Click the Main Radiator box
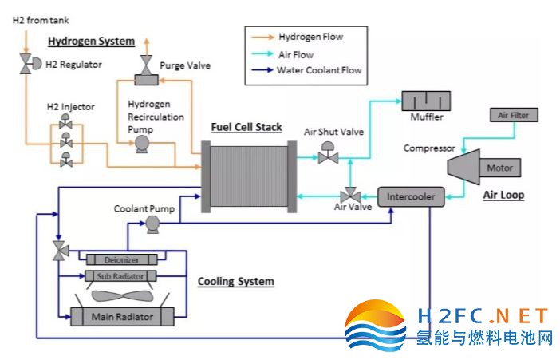pos(123,317)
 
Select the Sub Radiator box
pos(122,276)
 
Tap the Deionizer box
pos(122,259)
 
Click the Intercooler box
pos(410,196)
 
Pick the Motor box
pos(499,168)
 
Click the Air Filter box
pos(513,116)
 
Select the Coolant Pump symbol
pos(151,226)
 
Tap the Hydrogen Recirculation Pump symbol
pos(143,144)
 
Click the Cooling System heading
pos(235,282)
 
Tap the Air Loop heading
pos(504,194)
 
